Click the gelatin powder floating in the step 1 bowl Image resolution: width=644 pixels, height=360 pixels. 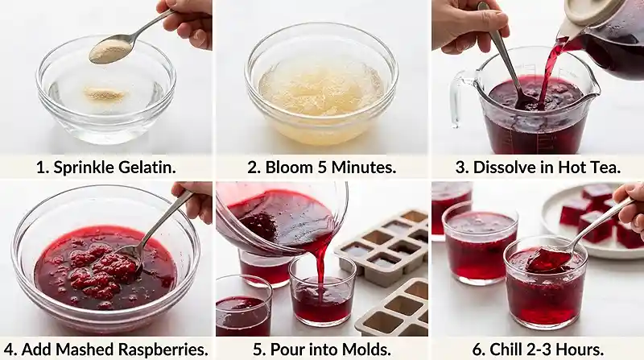[x=105, y=95]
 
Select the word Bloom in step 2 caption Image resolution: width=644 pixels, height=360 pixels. [x=291, y=168]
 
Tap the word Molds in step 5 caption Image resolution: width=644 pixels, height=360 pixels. [x=365, y=350]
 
